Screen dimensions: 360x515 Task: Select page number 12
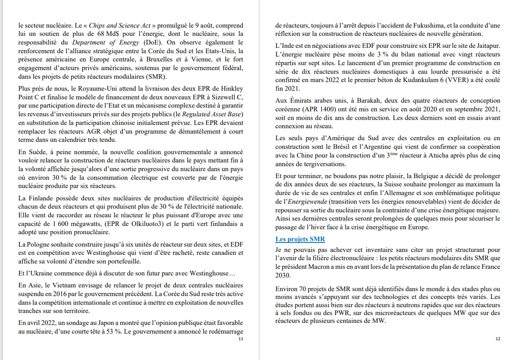tap(498, 339)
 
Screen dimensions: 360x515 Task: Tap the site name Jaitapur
tap(486, 46)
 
